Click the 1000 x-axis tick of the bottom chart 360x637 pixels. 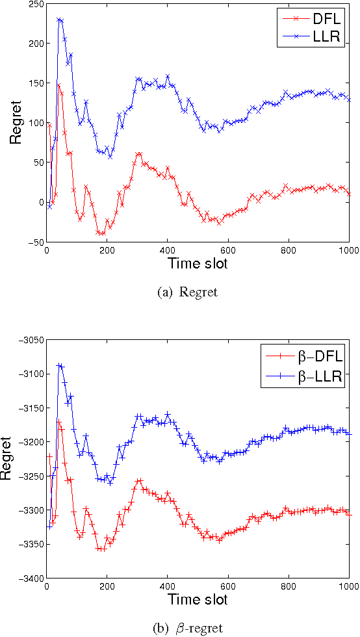(x=348, y=586)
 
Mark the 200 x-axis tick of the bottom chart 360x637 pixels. (x=107, y=586)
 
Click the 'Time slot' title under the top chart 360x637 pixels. (x=198, y=264)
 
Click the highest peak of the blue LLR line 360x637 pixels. (x=59, y=19)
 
